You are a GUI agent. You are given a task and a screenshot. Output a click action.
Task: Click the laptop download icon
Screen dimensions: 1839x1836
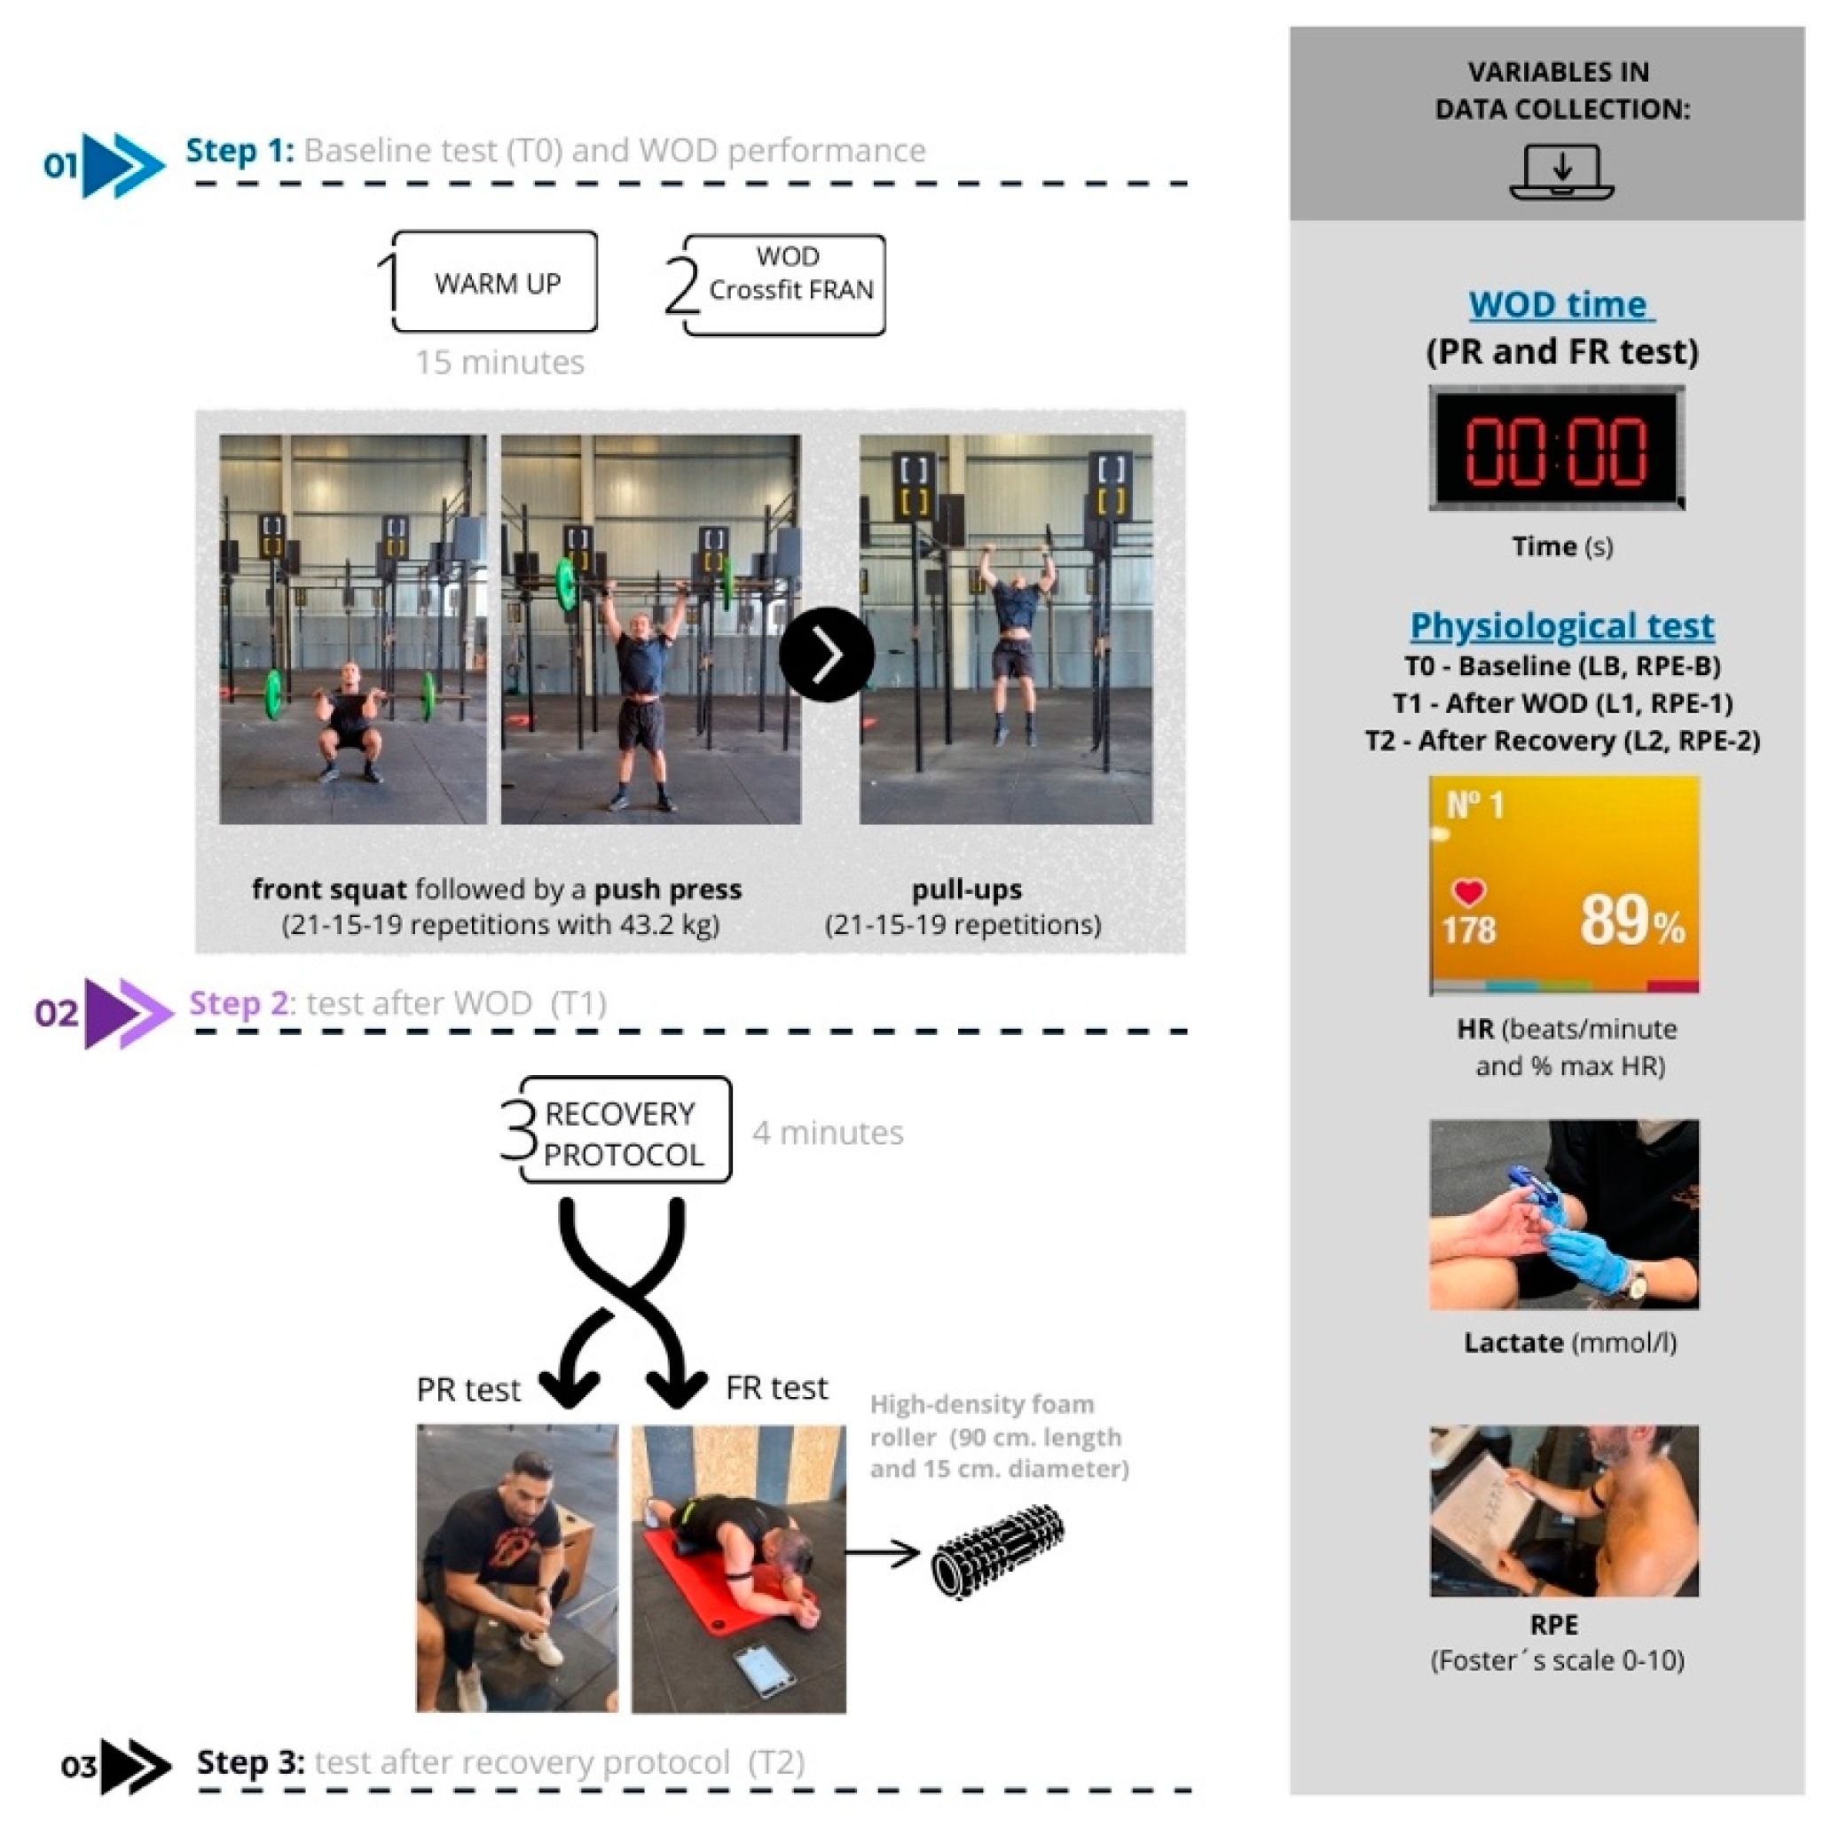tap(1561, 171)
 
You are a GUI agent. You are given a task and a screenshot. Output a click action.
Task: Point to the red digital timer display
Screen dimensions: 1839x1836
tap(1556, 448)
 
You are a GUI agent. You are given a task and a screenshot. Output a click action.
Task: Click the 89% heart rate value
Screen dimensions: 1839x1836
tap(1631, 921)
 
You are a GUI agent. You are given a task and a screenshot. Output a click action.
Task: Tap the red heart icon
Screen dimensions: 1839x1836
tap(1468, 891)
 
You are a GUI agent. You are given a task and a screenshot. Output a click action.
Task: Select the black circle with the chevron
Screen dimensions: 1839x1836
tap(826, 655)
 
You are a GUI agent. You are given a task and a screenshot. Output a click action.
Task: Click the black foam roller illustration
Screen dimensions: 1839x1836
tap(996, 1550)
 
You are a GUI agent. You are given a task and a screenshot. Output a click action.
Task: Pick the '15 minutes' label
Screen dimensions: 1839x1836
tap(499, 363)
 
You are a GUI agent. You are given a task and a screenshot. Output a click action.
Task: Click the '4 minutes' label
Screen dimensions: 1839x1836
tap(827, 1133)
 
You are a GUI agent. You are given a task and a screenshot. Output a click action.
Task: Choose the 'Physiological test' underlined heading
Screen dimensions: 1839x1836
tap(1562, 626)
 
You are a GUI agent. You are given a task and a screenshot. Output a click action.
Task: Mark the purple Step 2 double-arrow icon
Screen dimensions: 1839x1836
tap(129, 1013)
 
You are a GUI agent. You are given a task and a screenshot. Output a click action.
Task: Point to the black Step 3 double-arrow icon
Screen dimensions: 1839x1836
tap(135, 1767)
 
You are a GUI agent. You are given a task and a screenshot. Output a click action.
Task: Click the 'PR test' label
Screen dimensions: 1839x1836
tap(468, 1390)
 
